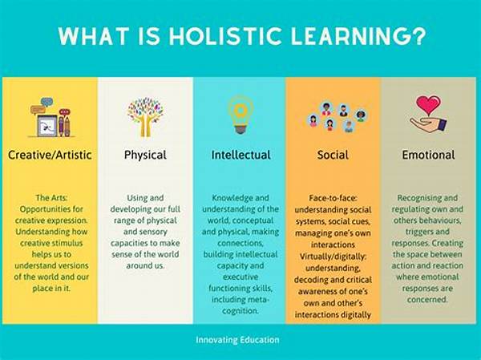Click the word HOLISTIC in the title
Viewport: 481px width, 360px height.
[225, 36]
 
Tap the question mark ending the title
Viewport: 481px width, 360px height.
[418, 36]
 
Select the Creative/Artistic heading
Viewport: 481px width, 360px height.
[50, 155]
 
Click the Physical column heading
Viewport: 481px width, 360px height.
[145, 155]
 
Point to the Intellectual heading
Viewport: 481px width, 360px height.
[240, 155]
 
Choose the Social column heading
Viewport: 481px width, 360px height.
[333, 155]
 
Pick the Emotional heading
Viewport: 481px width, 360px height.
[428, 155]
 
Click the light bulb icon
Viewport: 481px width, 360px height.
[240, 114]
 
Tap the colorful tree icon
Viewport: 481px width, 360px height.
[145, 117]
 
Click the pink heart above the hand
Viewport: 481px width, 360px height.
[428, 105]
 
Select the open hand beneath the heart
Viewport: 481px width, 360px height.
[428, 125]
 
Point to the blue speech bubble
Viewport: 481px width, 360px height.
[46, 102]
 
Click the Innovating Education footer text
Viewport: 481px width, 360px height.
[237, 340]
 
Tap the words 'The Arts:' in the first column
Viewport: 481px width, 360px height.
[51, 198]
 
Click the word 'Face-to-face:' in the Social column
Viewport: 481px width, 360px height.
[333, 198]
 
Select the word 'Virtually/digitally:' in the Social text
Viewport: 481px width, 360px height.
[333, 257]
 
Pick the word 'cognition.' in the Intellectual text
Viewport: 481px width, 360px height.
[240, 311]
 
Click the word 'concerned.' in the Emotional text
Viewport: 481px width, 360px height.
[427, 300]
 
